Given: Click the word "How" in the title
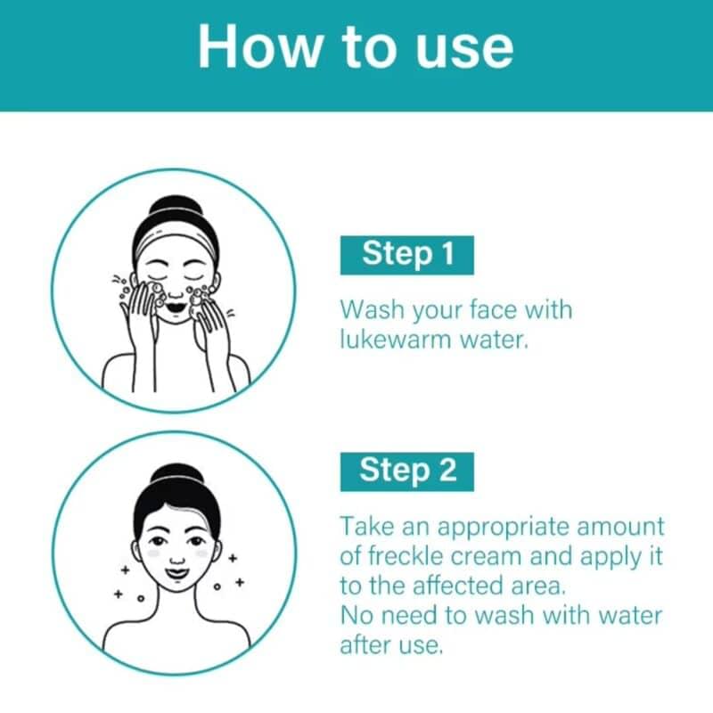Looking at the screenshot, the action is pos(259,47).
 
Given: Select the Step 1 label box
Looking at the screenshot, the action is pos(407,255).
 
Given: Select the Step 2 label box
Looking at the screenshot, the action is pos(407,471).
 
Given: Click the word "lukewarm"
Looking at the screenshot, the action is pos(396,340).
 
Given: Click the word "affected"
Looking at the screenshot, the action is pos(458,586).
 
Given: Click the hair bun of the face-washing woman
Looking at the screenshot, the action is pos(176,209).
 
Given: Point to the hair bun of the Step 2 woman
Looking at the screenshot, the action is pos(176,476).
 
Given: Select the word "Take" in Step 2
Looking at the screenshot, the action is pos(367,526).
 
